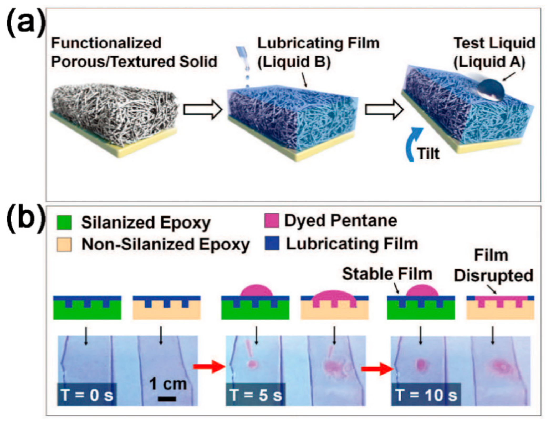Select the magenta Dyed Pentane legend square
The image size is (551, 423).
tap(271, 220)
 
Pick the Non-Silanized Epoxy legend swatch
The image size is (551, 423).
tap(64, 244)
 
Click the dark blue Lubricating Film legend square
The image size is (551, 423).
tap(272, 243)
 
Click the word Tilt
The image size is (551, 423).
tap(428, 154)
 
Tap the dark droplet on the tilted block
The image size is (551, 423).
tap(491, 90)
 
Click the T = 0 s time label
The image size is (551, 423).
tap(87, 395)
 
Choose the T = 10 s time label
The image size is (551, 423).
tap(426, 395)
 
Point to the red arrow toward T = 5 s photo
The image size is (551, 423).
tap(209, 366)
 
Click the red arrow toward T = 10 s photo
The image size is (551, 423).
tap(377, 369)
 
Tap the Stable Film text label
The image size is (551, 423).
tap(387, 274)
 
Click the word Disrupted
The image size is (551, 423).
tap(493, 275)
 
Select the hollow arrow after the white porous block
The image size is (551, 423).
tap(203, 110)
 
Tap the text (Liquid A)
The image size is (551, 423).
tap(489, 62)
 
